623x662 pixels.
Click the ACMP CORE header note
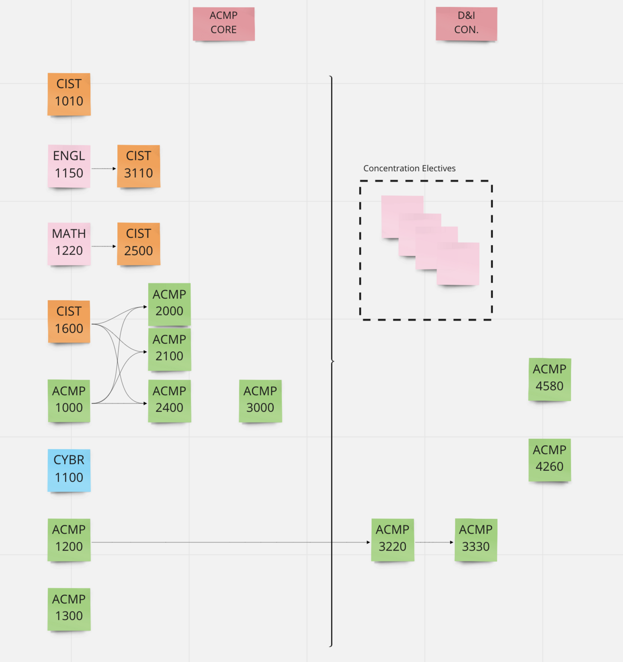[224, 23]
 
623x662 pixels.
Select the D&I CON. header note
[466, 23]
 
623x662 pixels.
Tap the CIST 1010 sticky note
[69, 93]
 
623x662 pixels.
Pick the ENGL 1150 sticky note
[69, 165]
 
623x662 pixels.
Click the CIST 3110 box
[138, 165]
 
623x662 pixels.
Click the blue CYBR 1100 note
[69, 469]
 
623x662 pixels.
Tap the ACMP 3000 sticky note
[260, 400]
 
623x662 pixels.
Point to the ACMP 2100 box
[169, 349]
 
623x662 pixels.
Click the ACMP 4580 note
[549, 379]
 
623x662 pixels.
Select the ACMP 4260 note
[549, 459]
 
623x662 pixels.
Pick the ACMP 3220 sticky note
[392, 539]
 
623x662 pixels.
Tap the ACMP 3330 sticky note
[475, 539]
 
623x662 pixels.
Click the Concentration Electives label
[409, 168]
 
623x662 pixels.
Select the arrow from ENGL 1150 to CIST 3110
[104, 169]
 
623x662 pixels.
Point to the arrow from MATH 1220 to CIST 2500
[104, 246]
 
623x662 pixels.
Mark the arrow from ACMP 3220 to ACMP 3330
[434, 542]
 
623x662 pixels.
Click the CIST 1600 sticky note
[69, 321]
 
